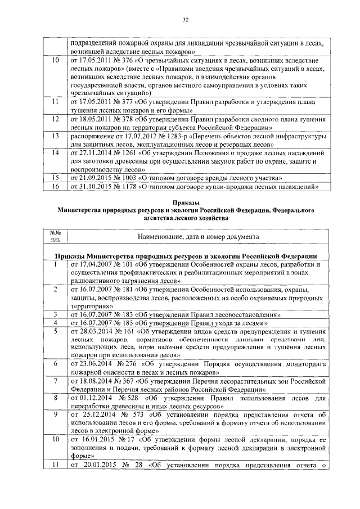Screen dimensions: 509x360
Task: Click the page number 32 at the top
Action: pyautogui.click(x=185, y=20)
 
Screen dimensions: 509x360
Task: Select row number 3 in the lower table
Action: pyautogui.click(x=55, y=314)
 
